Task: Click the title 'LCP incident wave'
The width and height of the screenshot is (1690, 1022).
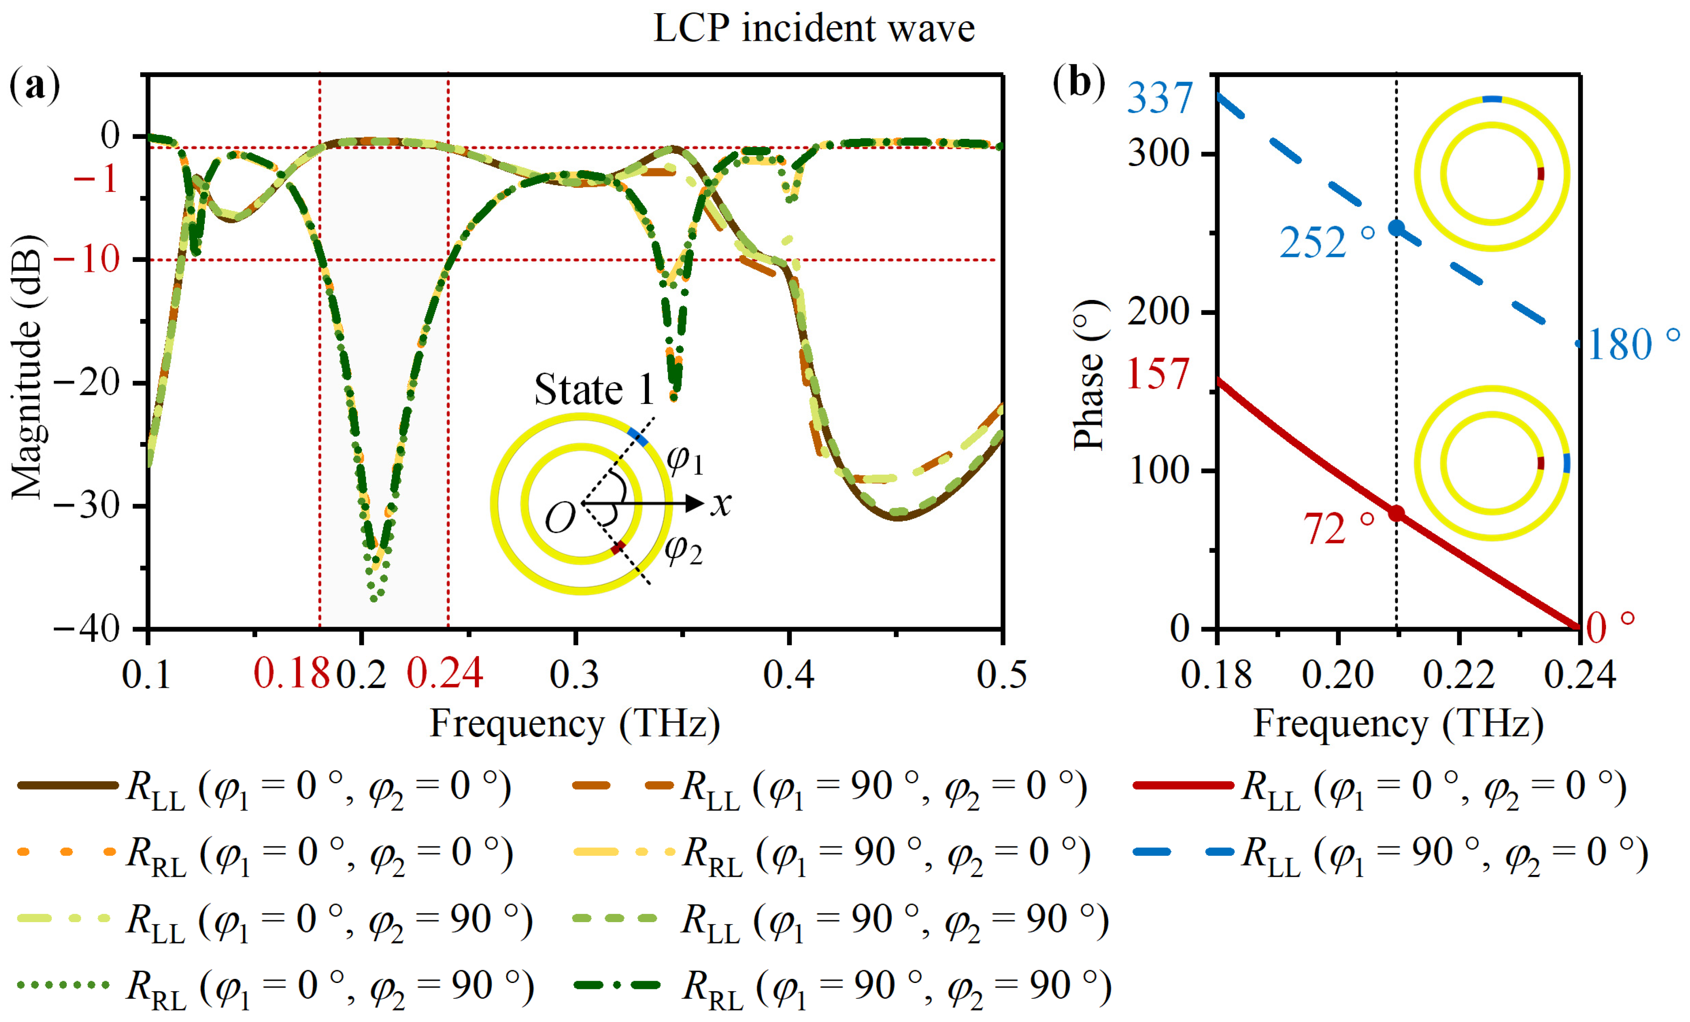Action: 813,29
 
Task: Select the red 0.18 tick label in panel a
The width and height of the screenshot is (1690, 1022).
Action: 292,673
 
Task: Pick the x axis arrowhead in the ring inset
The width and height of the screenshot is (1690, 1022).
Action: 696,503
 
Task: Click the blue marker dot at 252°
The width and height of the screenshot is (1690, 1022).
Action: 1396,228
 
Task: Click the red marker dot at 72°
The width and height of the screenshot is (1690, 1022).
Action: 1396,513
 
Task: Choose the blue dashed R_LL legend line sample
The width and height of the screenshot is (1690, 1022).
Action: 1183,852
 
